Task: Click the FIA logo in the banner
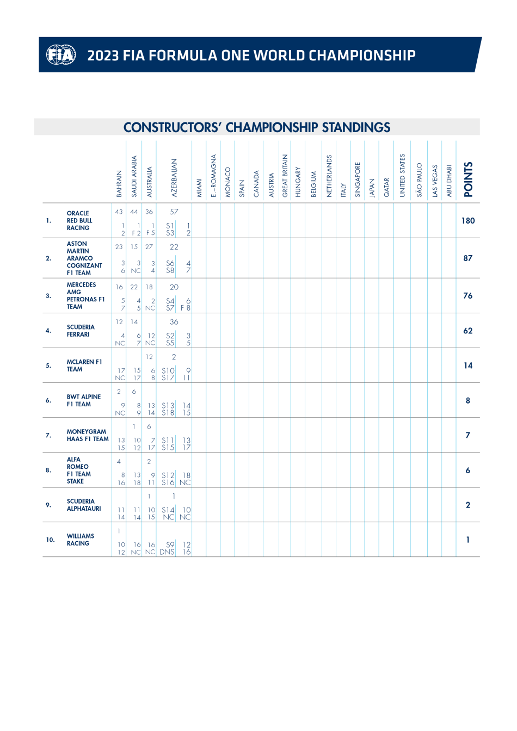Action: pyautogui.click(x=60, y=55)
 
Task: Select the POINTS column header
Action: pyautogui.click(x=468, y=179)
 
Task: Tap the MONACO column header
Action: pyautogui.click(x=228, y=182)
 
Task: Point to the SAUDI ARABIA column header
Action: pyautogui.click(x=134, y=177)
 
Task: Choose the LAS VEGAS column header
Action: pyautogui.click(x=435, y=181)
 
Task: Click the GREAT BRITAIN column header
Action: pyautogui.click(x=285, y=175)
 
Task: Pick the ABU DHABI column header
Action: pyautogui.click(x=449, y=181)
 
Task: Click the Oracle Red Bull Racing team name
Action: pyautogui.click(x=79, y=220)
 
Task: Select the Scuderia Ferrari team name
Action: pyautogui.click(x=81, y=331)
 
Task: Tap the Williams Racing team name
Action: pyautogui.click(x=81, y=540)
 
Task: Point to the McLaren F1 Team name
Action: pyautogui.click(x=84, y=365)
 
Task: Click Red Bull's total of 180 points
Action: pyautogui.click(x=468, y=221)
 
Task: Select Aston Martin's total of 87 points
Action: pyautogui.click(x=468, y=258)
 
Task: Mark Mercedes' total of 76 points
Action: pyautogui.click(x=468, y=296)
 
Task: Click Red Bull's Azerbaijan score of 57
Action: pyautogui.click(x=174, y=212)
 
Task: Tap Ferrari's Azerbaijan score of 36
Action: pyautogui.click(x=174, y=322)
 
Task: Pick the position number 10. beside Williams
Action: pyautogui.click(x=50, y=540)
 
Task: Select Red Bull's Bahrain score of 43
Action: pyautogui.click(x=119, y=212)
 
